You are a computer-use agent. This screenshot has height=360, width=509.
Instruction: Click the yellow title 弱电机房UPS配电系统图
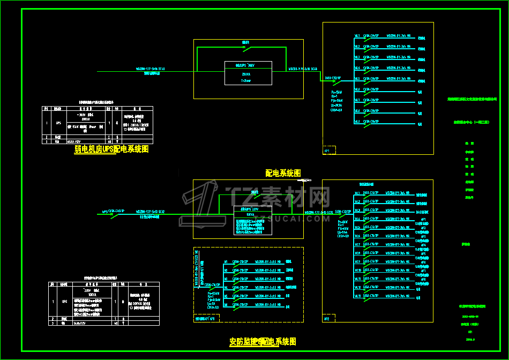coord(111,149)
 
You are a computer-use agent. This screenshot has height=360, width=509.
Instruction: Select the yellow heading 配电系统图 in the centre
coord(283,173)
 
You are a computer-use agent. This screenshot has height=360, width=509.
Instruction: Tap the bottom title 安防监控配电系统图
coord(263,341)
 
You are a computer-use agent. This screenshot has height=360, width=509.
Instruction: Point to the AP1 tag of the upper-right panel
coord(327,151)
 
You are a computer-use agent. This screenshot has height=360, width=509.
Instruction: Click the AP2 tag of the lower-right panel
coord(327,319)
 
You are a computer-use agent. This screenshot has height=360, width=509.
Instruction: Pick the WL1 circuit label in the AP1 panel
coord(357,37)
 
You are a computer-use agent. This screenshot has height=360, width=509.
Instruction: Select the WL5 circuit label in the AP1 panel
coord(357,79)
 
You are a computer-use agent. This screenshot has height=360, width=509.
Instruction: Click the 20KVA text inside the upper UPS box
coord(246,74)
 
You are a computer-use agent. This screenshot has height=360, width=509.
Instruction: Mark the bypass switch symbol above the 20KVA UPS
coord(245,47)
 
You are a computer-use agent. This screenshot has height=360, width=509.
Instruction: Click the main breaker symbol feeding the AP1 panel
coord(334,82)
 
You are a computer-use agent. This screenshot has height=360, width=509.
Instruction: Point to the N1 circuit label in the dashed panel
coord(226,262)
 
